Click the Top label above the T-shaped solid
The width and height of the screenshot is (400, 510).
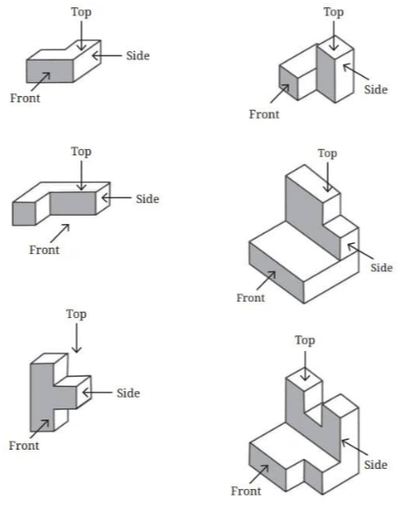click(x=77, y=314)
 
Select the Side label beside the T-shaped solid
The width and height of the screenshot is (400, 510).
click(x=129, y=393)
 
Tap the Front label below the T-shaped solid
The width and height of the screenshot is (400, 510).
click(x=24, y=445)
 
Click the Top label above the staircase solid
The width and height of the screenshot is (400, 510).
click(x=327, y=154)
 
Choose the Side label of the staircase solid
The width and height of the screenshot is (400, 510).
click(x=382, y=268)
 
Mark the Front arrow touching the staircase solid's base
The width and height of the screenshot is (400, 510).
click(x=266, y=281)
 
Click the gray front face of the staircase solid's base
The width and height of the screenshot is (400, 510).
click(x=277, y=272)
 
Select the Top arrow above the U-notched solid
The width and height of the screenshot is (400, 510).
click(x=305, y=366)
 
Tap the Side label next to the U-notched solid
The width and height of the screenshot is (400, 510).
click(x=375, y=464)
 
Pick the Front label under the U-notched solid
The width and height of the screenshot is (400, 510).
click(x=246, y=491)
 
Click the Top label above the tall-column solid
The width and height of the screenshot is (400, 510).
click(x=333, y=12)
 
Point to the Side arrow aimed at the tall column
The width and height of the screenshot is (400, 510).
click(x=356, y=71)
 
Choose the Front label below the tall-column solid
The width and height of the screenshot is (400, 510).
click(x=264, y=114)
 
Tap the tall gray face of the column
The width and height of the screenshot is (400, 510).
click(x=326, y=73)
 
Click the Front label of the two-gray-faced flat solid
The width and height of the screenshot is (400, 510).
click(x=45, y=250)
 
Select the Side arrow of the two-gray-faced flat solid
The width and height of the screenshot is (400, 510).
click(x=116, y=197)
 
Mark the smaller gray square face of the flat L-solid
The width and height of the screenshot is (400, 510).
click(x=24, y=214)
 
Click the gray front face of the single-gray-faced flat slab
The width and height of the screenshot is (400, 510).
click(x=50, y=71)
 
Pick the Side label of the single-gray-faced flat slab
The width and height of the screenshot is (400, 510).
click(x=138, y=56)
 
